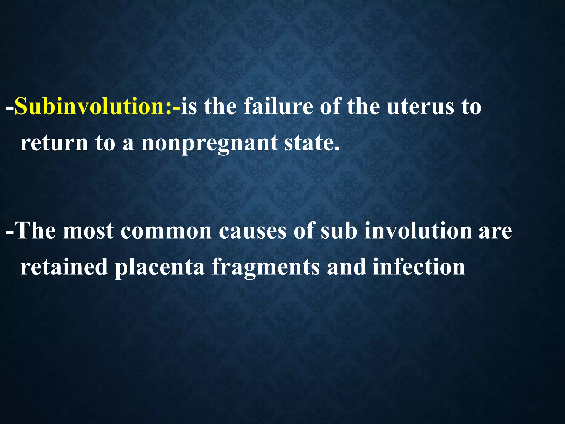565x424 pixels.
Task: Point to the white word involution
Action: (x=418, y=231)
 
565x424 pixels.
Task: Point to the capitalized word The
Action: (x=36, y=231)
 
